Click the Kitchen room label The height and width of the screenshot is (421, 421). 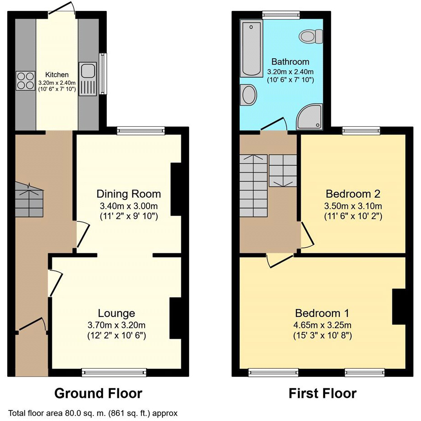click(57, 75)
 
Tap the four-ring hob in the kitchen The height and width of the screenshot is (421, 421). click(25, 80)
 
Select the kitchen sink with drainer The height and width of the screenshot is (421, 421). click(87, 80)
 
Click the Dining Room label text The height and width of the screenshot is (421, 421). click(129, 194)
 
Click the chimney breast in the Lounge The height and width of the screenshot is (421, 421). click(175, 318)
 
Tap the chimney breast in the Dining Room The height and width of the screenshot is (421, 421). click(176, 191)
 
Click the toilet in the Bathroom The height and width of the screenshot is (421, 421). click(312, 35)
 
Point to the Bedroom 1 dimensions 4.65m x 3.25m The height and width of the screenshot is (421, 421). click(323, 325)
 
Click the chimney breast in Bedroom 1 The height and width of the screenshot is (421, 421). click(398, 306)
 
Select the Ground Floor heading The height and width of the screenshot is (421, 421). click(98, 393)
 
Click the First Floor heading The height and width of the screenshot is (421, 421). click(322, 393)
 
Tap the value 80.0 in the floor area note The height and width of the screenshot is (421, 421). click(61, 414)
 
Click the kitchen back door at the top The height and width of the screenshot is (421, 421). click(62, 9)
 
